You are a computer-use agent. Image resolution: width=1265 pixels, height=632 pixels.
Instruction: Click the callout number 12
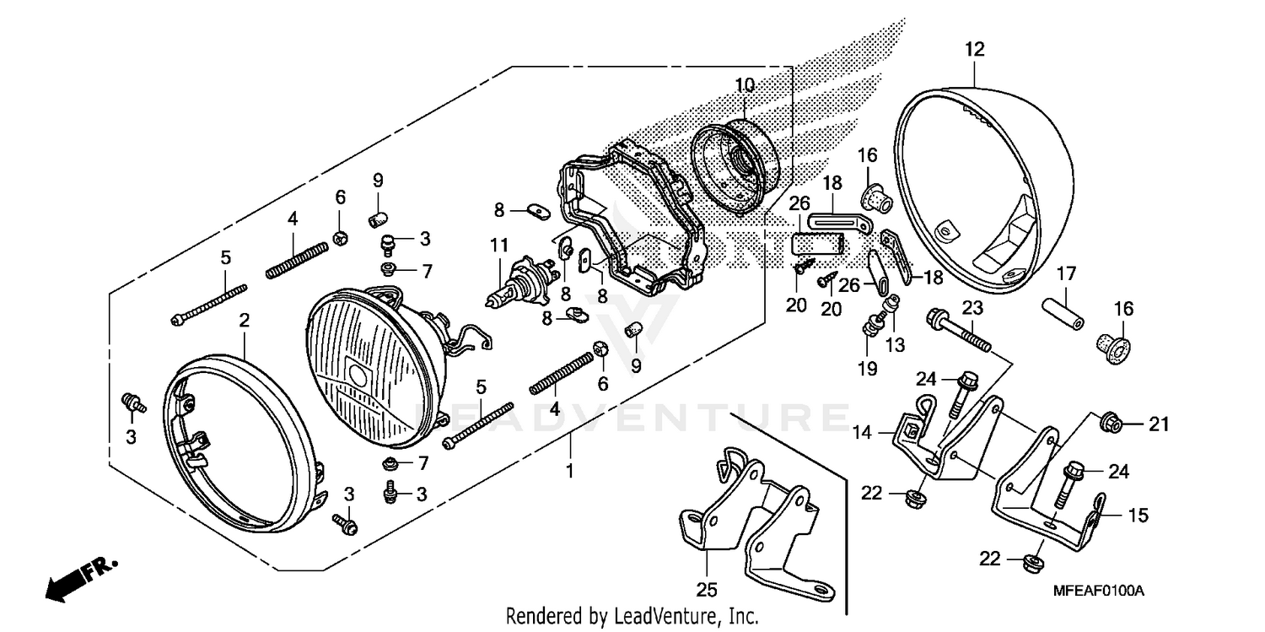tap(974, 50)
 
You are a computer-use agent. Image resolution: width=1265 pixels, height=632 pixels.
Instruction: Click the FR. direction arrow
tap(80, 575)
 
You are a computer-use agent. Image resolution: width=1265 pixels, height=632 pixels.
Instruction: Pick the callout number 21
tap(1160, 424)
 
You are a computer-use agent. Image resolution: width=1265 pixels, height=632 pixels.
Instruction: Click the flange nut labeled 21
tap(1112, 422)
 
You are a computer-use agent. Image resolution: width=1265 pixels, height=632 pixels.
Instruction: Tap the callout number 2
tap(244, 321)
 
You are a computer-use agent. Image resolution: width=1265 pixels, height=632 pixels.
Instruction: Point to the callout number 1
tap(569, 471)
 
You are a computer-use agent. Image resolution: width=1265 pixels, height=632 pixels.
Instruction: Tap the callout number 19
tap(867, 368)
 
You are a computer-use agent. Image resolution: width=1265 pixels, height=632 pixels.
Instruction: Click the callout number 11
tap(498, 246)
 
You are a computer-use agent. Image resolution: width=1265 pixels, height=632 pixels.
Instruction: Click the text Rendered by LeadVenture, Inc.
tap(632, 616)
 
